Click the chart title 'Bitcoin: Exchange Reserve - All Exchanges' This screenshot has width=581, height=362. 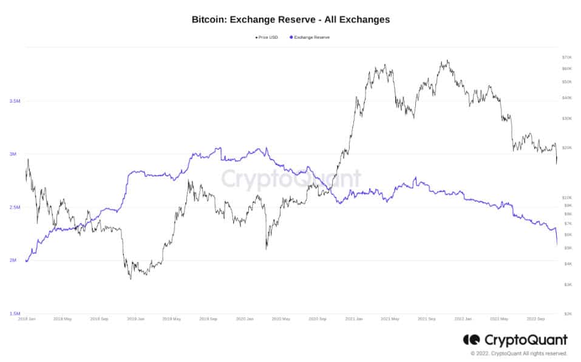click(x=290, y=19)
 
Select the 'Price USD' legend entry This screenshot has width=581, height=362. click(x=268, y=37)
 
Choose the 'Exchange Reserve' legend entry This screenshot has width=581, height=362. click(x=311, y=37)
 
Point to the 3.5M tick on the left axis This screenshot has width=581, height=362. click(x=16, y=101)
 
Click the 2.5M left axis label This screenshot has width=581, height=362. click(x=16, y=207)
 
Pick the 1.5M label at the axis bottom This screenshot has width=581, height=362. click(x=16, y=313)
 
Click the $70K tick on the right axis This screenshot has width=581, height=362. click(x=567, y=57)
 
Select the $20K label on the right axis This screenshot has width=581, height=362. click(x=567, y=147)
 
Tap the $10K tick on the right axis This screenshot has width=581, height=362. click(x=567, y=198)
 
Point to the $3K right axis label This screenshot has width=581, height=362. click(x=567, y=284)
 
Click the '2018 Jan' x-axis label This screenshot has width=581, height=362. click(x=26, y=318)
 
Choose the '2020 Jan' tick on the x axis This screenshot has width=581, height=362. click(x=245, y=318)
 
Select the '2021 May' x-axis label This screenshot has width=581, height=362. click(x=390, y=318)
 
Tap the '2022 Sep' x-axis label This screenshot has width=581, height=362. click(x=536, y=318)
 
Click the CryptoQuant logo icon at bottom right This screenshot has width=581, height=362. click(x=471, y=340)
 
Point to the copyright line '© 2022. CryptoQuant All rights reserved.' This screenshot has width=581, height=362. click(x=518, y=353)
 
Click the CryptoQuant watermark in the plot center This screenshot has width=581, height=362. click(x=290, y=179)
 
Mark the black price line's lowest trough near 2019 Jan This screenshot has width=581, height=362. click(x=131, y=278)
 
